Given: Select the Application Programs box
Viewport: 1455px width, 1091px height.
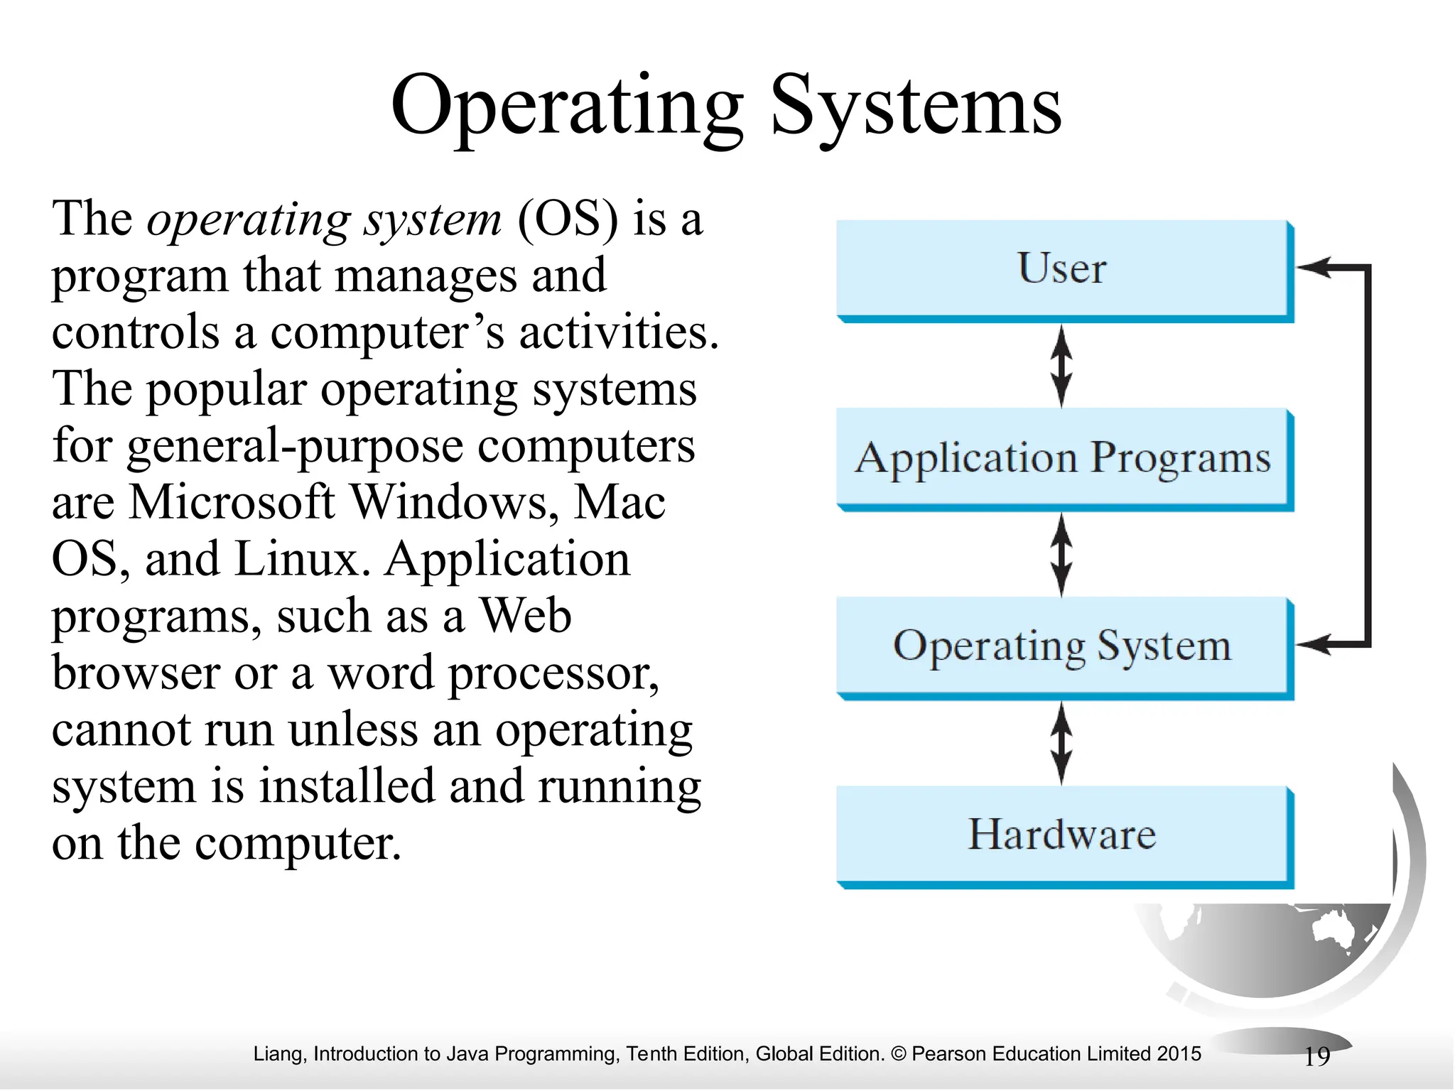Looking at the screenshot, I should point(1063,457).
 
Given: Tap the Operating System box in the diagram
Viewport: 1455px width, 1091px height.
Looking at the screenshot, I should point(1063,646).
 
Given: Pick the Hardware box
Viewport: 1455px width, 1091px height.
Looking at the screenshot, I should point(1063,835).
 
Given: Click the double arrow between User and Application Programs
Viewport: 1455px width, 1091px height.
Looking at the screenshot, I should point(1061,366).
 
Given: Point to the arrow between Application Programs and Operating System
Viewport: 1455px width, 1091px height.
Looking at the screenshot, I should point(1061,555).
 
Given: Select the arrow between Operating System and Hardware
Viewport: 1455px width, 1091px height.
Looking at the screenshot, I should point(1061,743).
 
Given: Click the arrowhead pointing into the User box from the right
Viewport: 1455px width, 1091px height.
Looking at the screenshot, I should point(1313,268).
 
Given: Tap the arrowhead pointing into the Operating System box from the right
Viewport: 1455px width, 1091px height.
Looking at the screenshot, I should point(1313,645).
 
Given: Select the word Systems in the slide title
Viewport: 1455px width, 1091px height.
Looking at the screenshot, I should point(916,107).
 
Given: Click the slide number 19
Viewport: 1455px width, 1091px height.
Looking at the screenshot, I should point(1317,1056).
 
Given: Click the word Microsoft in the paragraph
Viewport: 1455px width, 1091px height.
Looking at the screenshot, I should point(231,502).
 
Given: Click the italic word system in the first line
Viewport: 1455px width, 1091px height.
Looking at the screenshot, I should point(433,220).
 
